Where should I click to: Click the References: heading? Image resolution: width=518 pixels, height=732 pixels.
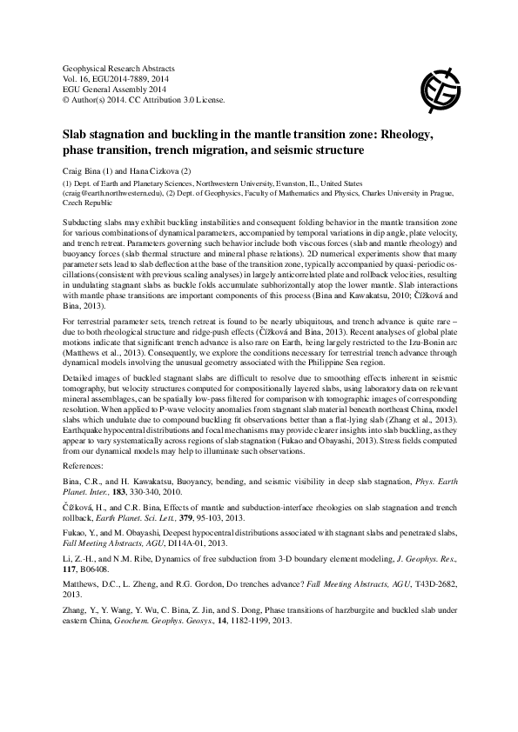(x=87, y=464)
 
